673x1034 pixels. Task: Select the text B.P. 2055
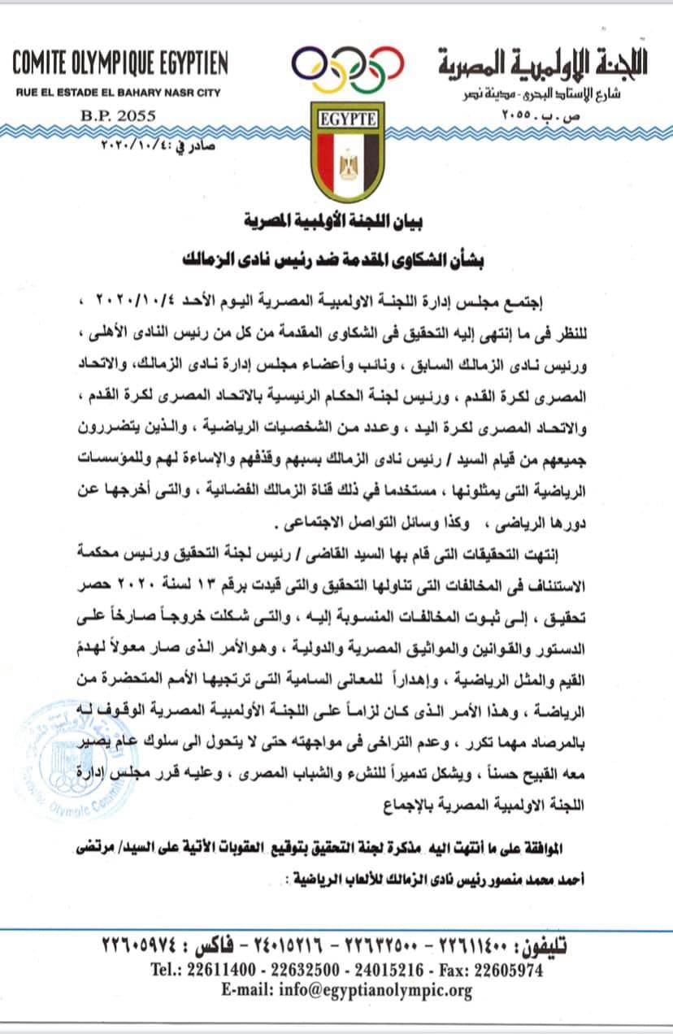[x=121, y=116]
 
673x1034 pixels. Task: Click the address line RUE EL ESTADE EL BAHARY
[x=118, y=93]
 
